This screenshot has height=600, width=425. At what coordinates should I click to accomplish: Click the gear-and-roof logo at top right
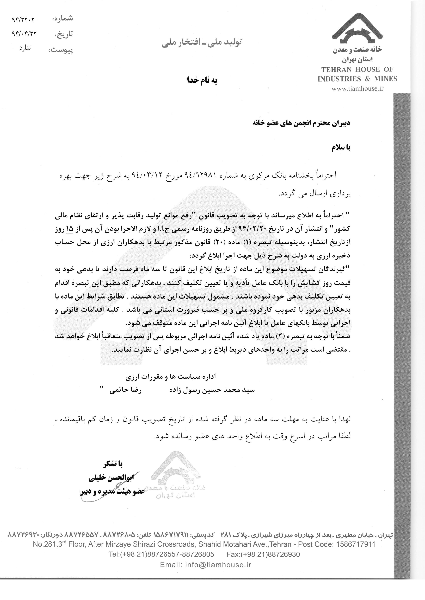tap(357, 29)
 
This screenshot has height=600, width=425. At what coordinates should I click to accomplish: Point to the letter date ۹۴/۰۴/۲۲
tap(24, 34)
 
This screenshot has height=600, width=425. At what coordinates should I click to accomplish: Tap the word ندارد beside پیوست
tap(25, 48)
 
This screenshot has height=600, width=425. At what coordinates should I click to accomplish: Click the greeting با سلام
tap(341, 147)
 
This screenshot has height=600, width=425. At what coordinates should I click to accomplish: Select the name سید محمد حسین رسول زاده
tap(212, 390)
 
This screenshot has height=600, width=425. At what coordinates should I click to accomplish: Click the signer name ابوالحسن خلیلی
tap(111, 478)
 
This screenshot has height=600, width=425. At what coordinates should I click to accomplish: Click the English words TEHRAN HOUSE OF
tap(357, 69)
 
